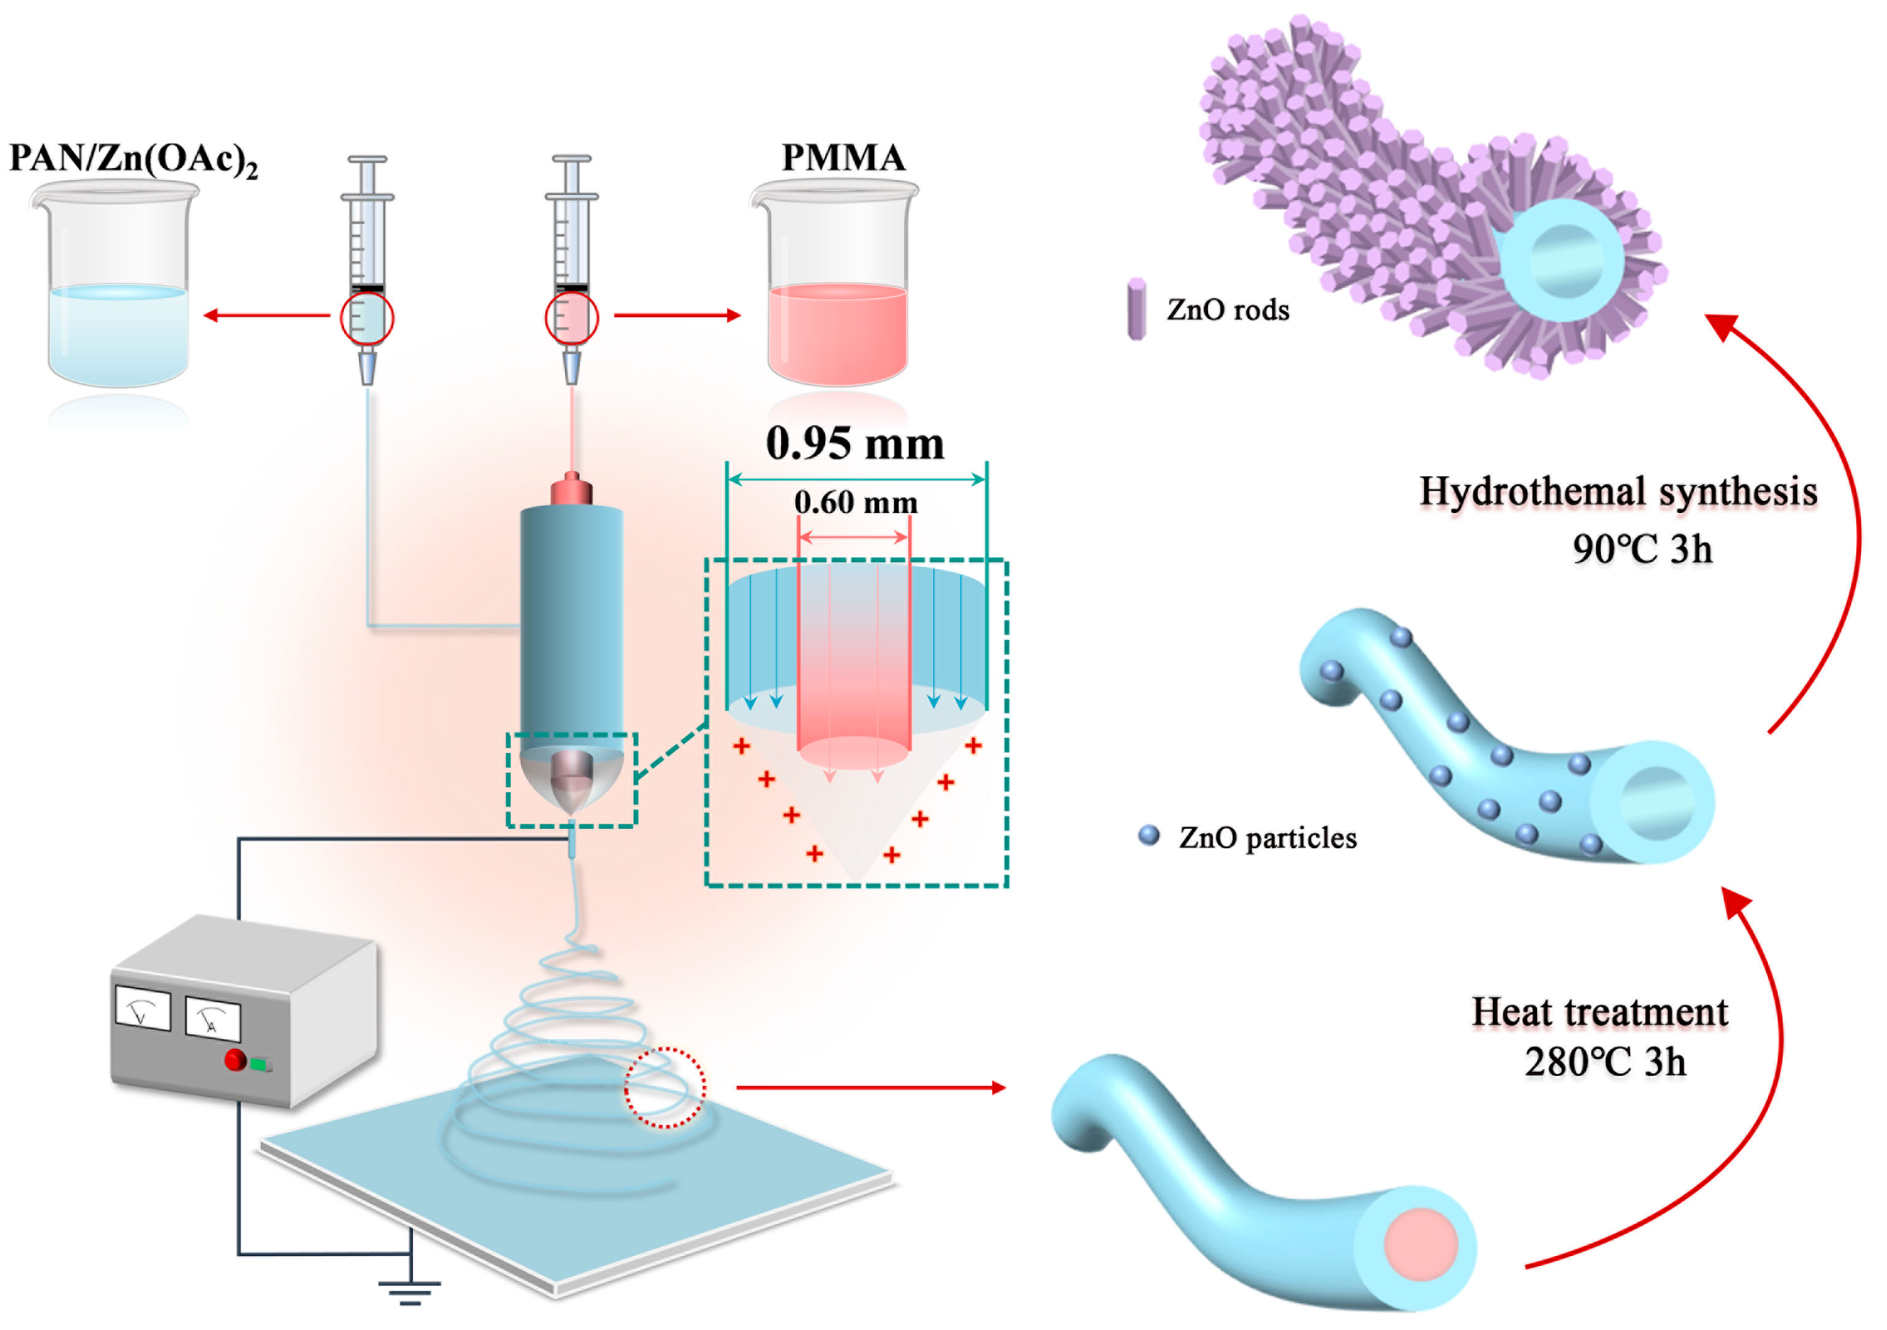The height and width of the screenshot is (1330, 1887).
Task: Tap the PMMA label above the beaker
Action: point(842,157)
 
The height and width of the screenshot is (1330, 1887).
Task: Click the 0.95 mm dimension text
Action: point(855,444)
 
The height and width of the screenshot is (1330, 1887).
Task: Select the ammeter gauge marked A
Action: point(212,1020)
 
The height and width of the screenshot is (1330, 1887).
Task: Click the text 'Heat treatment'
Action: point(1599,1011)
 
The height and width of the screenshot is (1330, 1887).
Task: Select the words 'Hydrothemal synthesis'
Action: point(1617,491)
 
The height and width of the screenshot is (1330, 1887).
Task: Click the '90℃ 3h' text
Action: point(1642,549)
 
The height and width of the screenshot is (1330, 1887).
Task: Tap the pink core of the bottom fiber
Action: point(1420,1244)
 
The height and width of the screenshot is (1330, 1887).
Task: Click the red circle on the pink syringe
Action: point(571,318)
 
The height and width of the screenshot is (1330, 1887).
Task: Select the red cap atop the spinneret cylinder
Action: point(572,490)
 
